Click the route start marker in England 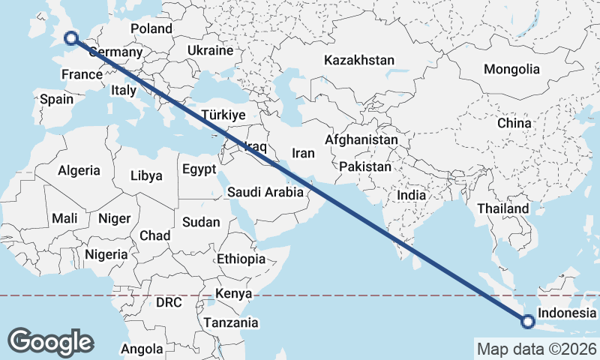71,38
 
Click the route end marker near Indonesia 528,322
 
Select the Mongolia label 511,69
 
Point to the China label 514,123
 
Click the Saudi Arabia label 266,192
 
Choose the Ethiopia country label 241,259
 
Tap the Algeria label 79,170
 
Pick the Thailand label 502,208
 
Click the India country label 412,195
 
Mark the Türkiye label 223,115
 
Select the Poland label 151,28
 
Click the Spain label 57,99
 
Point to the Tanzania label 231,322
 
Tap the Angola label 142,349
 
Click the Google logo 51,341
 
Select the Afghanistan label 361,139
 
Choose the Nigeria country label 106,254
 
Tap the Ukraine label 211,50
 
